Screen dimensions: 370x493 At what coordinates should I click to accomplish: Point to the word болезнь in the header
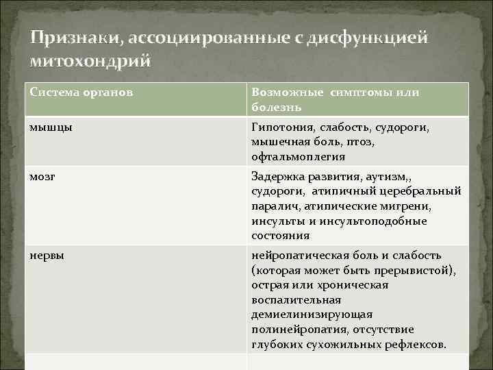click(x=276, y=107)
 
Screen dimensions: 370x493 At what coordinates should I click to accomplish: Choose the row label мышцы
click(x=49, y=127)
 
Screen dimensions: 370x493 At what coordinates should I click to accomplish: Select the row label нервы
click(x=47, y=255)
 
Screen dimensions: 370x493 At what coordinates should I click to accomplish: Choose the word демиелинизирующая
click(x=312, y=314)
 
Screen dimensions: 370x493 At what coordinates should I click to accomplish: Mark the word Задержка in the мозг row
click(x=277, y=176)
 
